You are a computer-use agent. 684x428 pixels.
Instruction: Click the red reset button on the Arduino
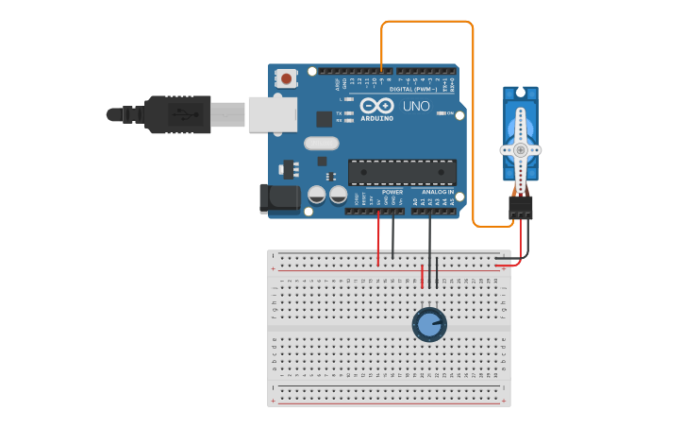click(286, 78)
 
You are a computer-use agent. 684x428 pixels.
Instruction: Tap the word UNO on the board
click(416, 106)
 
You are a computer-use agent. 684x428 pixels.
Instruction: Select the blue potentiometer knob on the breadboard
click(429, 324)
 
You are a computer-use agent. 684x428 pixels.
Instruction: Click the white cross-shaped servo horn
click(520, 150)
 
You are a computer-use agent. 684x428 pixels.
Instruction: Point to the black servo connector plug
click(520, 207)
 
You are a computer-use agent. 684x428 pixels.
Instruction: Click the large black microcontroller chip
click(402, 172)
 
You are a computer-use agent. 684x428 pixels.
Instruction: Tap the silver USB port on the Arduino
click(272, 114)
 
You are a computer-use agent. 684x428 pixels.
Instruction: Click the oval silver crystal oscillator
click(321, 144)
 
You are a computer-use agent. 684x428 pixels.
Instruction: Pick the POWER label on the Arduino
click(392, 192)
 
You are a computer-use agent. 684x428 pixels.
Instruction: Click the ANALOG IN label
click(437, 192)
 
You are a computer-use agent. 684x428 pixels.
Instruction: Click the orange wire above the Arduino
click(426, 22)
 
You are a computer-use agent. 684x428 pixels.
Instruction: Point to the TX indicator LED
click(350, 113)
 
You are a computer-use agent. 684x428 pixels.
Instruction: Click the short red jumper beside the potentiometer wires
click(422, 276)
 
